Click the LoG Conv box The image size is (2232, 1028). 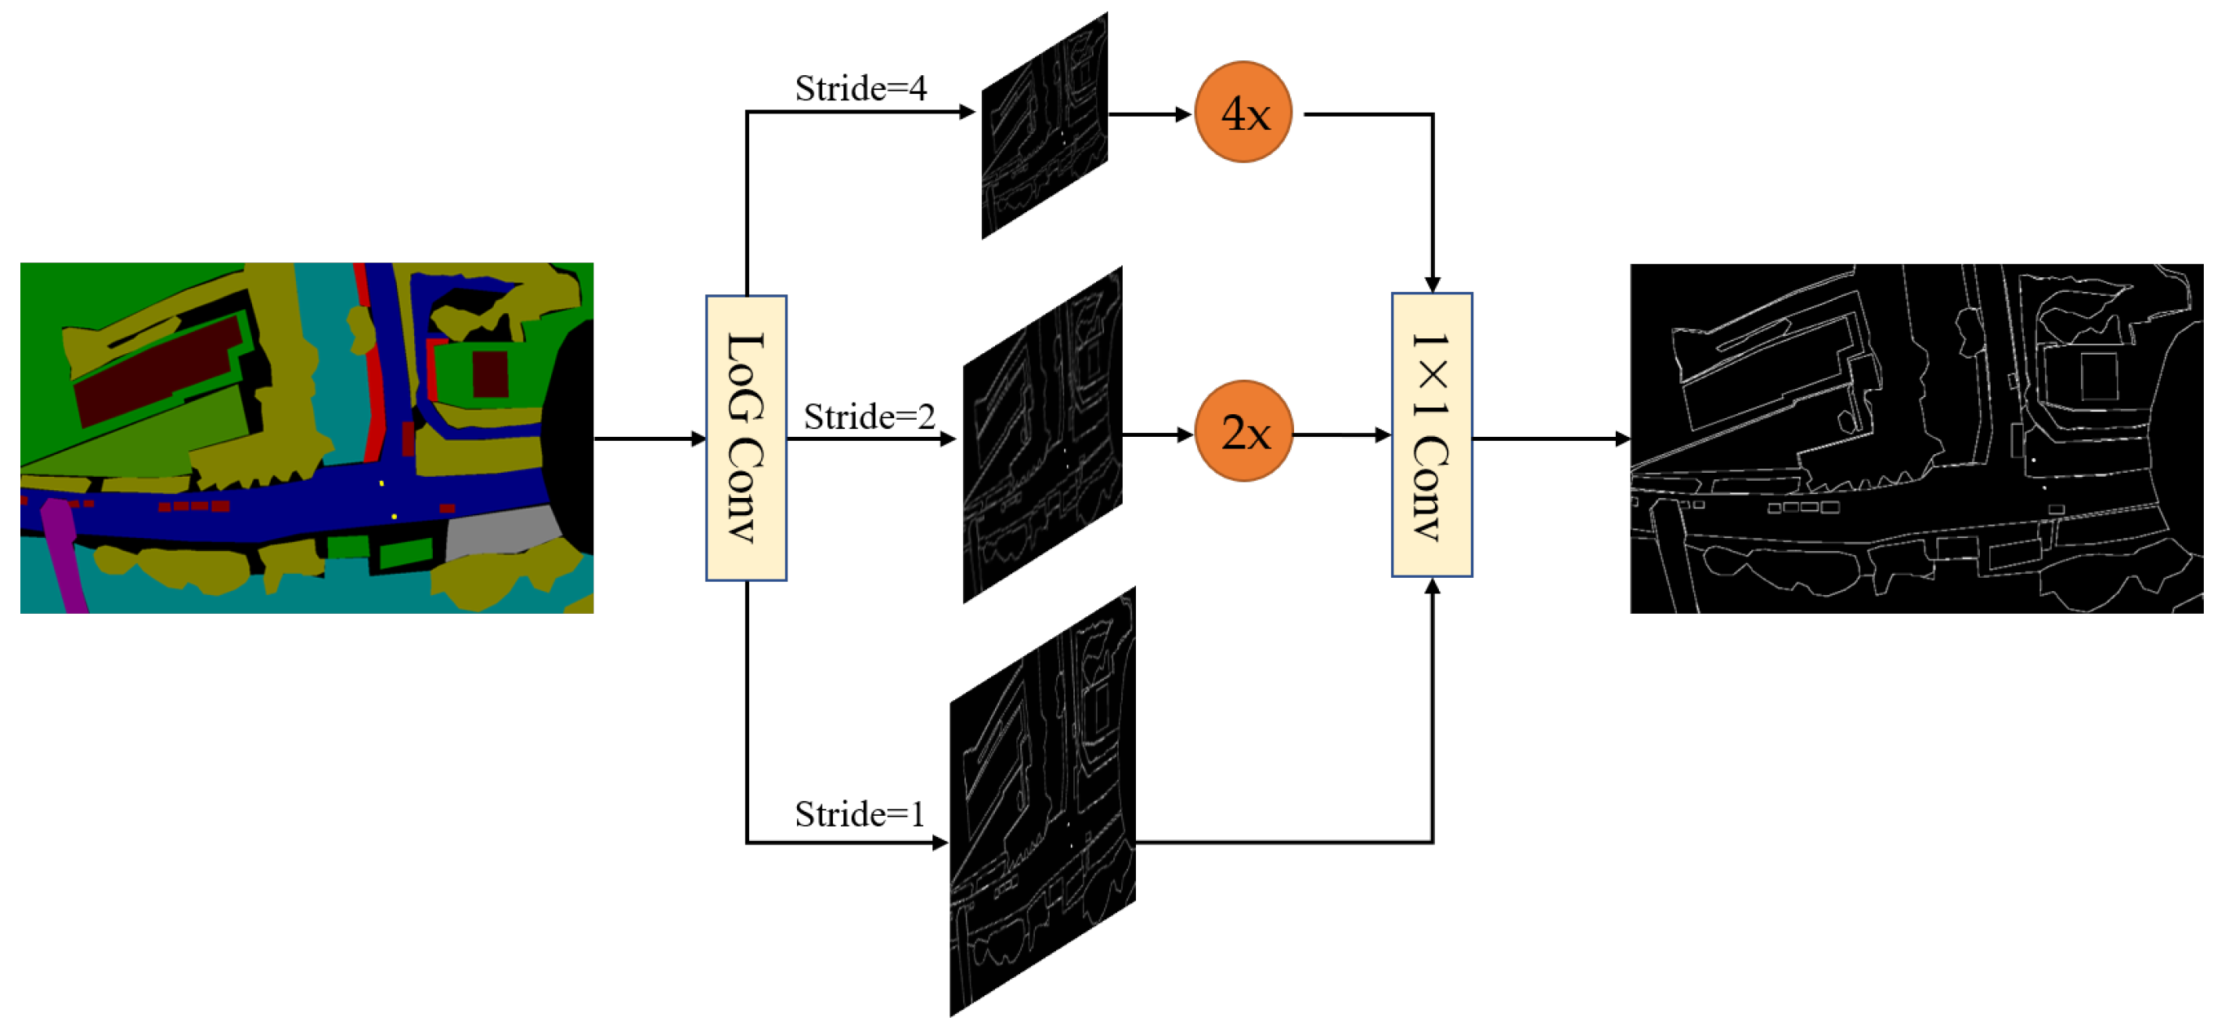[x=746, y=438]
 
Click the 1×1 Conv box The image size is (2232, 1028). [x=1431, y=435]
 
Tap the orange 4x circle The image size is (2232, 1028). [x=1242, y=113]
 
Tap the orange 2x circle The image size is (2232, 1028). [x=1242, y=431]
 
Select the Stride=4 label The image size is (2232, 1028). [x=860, y=88]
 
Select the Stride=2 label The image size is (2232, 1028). [x=869, y=417]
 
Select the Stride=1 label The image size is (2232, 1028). [x=860, y=814]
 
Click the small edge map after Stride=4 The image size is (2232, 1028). [x=1044, y=126]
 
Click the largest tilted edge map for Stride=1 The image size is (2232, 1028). [x=1042, y=802]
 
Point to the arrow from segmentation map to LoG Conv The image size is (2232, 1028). [x=650, y=438]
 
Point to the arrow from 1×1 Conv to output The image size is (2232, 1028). [x=1551, y=438]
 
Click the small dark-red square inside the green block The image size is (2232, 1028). [x=489, y=373]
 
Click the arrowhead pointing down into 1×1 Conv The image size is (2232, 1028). [x=1432, y=284]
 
